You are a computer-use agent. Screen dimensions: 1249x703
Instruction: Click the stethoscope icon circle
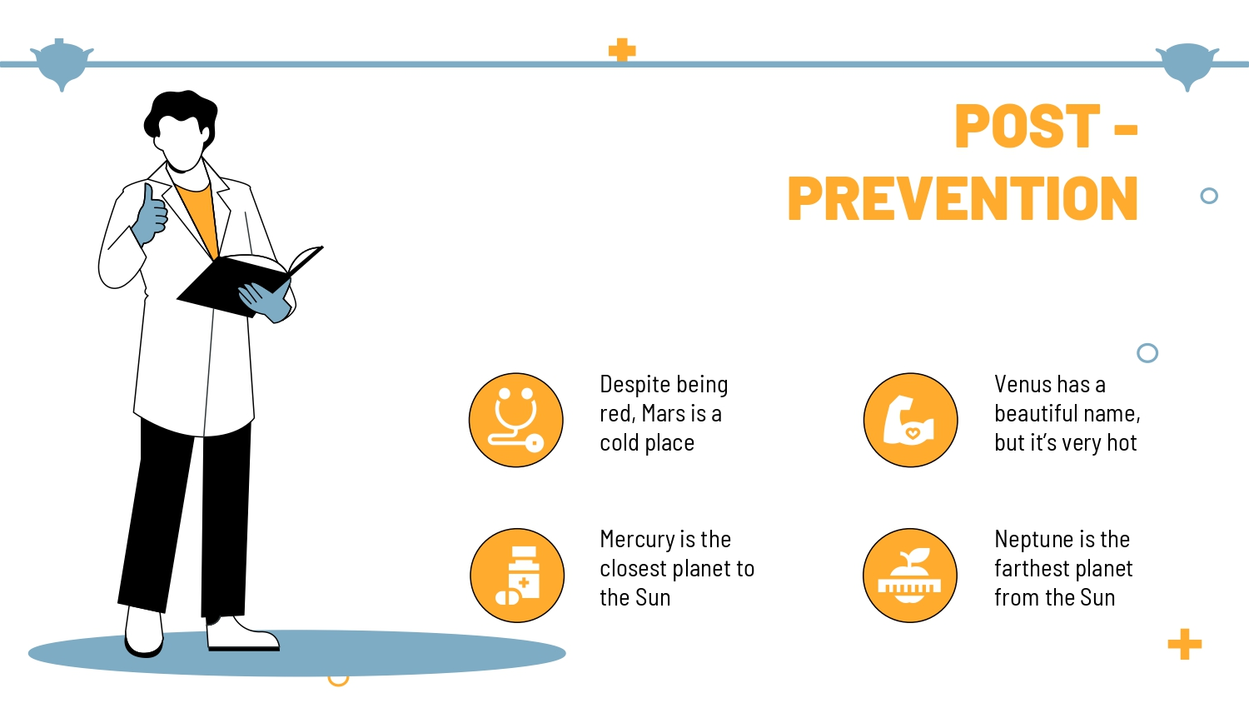click(x=515, y=420)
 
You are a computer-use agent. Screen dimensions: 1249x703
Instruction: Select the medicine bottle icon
click(x=517, y=576)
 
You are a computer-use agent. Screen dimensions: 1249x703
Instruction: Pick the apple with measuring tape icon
click(x=910, y=576)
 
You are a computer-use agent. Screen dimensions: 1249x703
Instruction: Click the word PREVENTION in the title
click(x=963, y=198)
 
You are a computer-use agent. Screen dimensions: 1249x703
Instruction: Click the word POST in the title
click(x=1027, y=126)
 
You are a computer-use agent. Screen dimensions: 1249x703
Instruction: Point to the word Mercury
click(x=638, y=540)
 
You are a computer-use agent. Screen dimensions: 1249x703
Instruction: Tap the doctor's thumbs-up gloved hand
click(x=150, y=216)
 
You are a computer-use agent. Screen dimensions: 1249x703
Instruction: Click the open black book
click(x=250, y=282)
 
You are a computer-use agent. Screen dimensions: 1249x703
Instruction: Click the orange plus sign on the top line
click(x=622, y=50)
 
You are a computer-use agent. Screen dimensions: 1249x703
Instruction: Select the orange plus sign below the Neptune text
click(x=1185, y=645)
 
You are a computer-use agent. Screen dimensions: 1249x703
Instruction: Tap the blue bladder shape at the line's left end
click(x=62, y=63)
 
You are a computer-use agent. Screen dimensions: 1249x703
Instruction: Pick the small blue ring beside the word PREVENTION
click(x=1209, y=196)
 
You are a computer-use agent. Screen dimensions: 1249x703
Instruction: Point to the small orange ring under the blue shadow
click(x=338, y=681)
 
